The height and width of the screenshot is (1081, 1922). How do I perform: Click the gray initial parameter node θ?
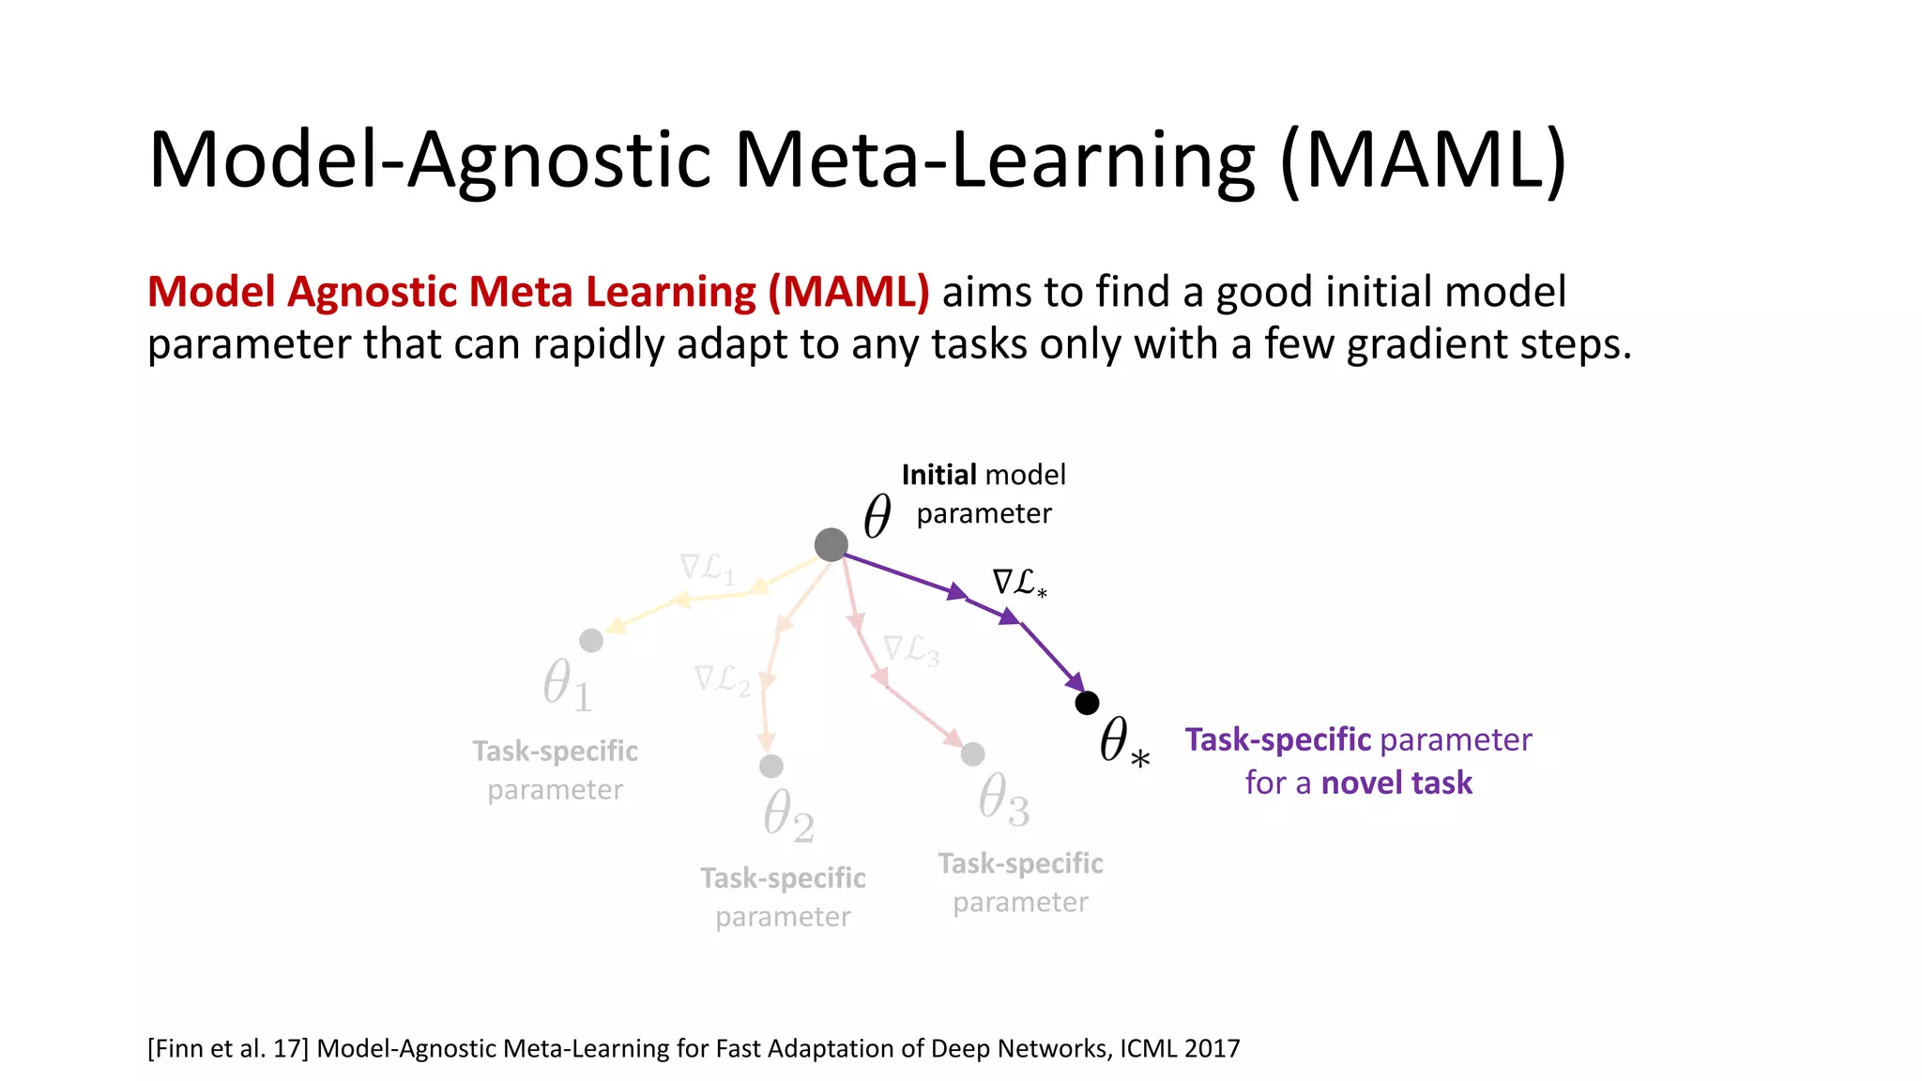tap(831, 544)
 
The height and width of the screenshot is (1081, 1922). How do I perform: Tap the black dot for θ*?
tap(1087, 703)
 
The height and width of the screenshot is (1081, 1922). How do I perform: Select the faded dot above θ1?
tap(591, 640)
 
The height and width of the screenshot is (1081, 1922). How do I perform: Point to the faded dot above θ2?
tap(771, 767)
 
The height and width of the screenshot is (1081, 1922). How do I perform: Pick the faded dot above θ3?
tap(973, 754)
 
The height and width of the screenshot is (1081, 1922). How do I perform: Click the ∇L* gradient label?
tap(1019, 583)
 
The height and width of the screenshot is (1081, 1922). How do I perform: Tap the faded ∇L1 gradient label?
tap(707, 568)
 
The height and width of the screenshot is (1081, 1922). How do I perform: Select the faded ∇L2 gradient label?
tap(722, 679)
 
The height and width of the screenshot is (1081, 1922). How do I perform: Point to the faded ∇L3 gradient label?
tap(910, 649)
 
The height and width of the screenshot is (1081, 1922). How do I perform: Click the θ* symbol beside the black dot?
tap(1123, 741)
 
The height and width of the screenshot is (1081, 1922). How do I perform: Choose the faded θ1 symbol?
tap(567, 684)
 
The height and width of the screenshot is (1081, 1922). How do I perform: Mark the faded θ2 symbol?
tap(787, 815)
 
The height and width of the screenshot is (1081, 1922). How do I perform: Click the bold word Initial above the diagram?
tap(939, 475)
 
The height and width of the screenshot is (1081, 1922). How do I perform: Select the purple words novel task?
tap(1396, 783)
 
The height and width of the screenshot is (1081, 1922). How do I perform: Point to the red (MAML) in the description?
tap(848, 292)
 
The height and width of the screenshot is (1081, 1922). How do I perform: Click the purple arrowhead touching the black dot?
tap(1075, 683)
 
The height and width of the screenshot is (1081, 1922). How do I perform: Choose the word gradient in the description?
tap(1426, 344)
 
